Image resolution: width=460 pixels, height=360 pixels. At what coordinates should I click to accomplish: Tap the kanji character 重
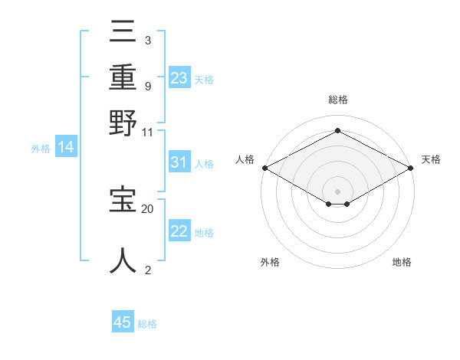click(123, 77)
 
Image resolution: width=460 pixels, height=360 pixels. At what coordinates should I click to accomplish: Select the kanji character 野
click(123, 122)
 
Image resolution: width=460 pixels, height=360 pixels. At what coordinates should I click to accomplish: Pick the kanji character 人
click(123, 260)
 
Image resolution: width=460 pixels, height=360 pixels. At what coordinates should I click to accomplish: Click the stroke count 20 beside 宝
click(148, 208)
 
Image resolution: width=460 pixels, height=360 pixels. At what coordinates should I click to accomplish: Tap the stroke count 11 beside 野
click(148, 132)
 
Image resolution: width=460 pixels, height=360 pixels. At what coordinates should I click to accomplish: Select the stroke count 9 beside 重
click(147, 85)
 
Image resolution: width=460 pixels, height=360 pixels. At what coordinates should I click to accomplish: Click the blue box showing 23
click(179, 78)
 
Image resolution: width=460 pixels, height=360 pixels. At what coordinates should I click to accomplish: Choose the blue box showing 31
click(179, 162)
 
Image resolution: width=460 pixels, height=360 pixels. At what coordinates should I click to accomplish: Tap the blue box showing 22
click(179, 231)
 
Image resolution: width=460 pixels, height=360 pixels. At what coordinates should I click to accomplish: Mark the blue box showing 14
click(66, 147)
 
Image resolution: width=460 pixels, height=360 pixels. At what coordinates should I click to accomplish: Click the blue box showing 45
click(123, 322)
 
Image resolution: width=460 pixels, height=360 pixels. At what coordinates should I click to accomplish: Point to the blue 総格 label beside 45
click(147, 324)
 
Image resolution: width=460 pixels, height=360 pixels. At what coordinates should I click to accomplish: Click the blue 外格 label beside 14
click(41, 149)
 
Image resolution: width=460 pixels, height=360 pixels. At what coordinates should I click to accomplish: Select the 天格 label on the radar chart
click(431, 159)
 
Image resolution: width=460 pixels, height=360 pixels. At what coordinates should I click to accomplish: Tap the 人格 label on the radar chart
click(245, 159)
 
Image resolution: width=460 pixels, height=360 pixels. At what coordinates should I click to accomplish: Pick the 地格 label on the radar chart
click(402, 262)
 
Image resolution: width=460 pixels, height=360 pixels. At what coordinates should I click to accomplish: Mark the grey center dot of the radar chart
click(337, 190)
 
